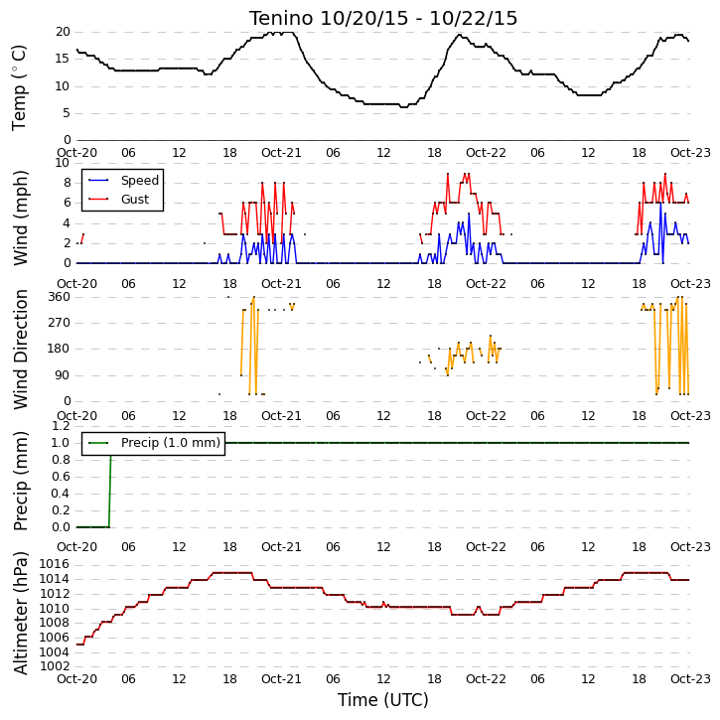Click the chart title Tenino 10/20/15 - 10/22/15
[383, 18]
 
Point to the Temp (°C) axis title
[19, 87]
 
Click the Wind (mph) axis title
[20, 218]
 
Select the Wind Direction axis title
[20, 350]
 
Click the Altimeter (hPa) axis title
[20, 613]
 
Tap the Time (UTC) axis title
[383, 700]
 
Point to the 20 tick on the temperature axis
[63, 32]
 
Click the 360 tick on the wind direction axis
[60, 297]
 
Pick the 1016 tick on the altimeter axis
[55, 564]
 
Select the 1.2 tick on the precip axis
[61, 426]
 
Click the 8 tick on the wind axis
[68, 183]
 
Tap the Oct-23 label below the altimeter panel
[690, 679]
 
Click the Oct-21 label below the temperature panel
[281, 153]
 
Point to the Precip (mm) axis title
[20, 482]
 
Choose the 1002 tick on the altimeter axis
[55, 666]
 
